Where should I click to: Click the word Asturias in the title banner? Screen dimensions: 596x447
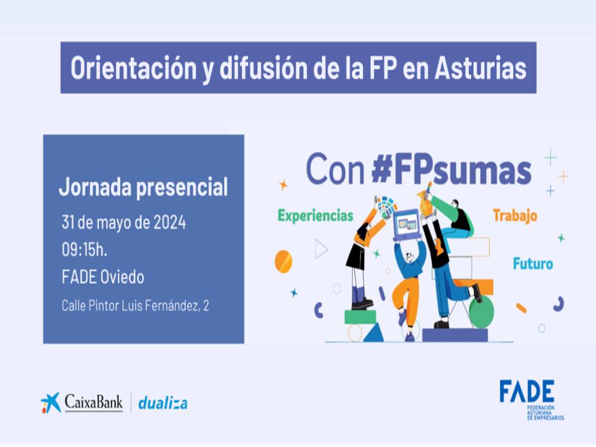480,68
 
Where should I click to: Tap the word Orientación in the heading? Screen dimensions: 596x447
134,68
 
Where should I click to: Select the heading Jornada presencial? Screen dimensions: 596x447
143,187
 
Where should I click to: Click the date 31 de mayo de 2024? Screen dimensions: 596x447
124,223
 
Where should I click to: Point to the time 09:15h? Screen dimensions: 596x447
84,250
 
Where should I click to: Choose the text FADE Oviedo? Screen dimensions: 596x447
103,277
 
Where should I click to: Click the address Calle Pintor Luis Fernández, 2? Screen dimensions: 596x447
135,305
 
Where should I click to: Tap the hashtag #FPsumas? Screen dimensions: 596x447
451,169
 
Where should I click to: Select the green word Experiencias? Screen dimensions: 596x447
315,216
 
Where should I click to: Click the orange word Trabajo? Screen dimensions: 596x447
515,216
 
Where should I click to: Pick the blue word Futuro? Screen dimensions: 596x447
533,264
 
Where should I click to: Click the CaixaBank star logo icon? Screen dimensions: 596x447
51,403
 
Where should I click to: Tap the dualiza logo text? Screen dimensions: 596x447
162,403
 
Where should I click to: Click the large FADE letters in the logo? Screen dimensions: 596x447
527,391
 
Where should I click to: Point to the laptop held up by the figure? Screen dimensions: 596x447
406,225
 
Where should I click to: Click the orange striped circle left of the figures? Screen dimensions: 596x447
284,262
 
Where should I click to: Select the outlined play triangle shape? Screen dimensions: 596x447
321,249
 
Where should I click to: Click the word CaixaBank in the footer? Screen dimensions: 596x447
94,402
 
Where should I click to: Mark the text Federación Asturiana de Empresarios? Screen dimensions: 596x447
545,413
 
